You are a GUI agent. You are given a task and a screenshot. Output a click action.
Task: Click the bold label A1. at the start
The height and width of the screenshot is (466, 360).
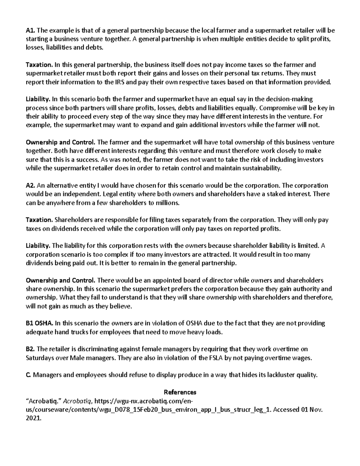coord(31,30)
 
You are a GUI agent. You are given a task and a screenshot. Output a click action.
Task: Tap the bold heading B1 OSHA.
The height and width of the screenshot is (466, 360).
coord(40,323)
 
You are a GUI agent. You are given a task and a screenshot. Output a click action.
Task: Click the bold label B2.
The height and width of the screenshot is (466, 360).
coord(31,349)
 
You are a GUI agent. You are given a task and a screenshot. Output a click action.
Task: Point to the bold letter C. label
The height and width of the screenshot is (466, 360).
coord(28,375)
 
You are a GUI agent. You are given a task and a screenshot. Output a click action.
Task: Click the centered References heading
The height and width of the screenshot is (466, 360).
coord(180,392)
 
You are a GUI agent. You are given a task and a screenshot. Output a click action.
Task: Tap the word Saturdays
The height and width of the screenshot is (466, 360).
coord(39,358)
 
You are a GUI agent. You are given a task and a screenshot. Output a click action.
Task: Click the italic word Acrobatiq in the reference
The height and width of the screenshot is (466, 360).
coord(78,401)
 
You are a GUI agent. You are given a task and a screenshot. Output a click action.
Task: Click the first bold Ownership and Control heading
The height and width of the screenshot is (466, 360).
coord(61,142)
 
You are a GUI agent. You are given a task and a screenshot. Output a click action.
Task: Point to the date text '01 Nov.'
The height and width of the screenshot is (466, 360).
coord(311,410)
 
